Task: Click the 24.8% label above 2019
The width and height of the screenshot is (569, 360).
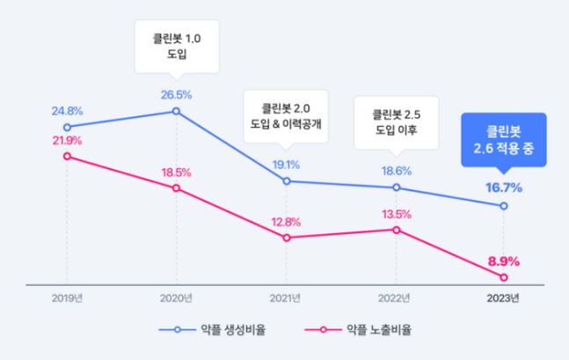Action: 67,112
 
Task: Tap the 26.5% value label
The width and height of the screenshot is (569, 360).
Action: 177,95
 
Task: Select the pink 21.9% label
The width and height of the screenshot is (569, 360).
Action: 67,140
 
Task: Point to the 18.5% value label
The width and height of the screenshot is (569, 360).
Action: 177,172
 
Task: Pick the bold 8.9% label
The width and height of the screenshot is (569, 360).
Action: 504,261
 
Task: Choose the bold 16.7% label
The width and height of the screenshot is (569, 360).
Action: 504,187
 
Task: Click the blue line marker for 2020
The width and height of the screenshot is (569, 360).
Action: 177,111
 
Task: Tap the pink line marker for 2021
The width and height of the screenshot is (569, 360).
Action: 287,238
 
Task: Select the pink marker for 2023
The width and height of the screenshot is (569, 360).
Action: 504,278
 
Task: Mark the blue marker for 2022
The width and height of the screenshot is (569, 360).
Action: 397,187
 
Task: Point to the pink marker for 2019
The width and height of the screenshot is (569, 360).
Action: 67,157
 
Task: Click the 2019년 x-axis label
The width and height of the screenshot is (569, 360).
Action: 67,298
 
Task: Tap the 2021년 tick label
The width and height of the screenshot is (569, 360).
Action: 287,298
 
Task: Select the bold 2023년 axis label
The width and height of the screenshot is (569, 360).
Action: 504,298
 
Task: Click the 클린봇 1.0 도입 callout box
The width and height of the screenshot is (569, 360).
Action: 177,45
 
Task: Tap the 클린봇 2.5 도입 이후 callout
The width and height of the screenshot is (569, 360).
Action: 397,121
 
